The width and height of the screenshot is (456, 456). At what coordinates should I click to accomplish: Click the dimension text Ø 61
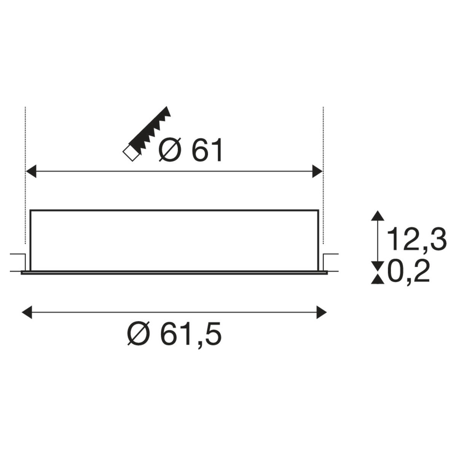(190, 150)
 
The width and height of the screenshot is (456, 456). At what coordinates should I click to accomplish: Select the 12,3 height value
(416, 239)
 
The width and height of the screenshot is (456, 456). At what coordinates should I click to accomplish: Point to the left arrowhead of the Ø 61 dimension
(31, 171)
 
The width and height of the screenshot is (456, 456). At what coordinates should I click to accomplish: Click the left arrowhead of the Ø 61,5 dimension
(27, 312)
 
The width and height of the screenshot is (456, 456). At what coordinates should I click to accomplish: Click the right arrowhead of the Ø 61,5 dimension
(321, 312)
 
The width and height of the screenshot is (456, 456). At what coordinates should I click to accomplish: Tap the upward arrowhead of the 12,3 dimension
(377, 216)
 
